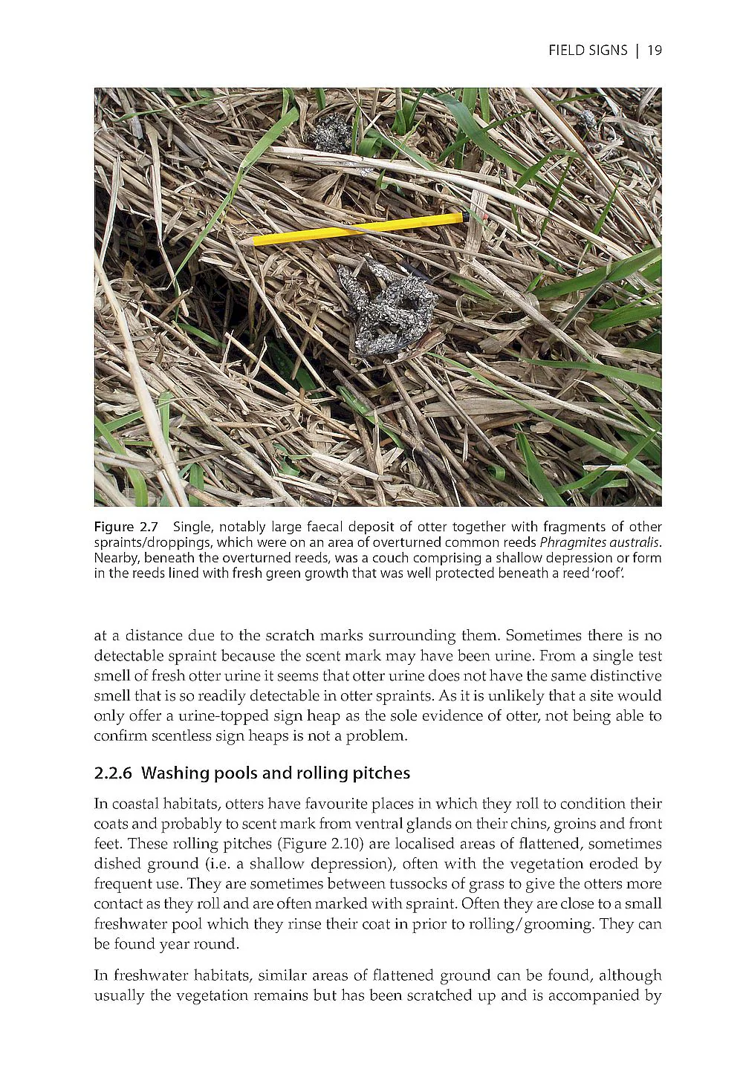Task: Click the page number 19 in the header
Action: click(655, 51)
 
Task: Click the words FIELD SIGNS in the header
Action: click(588, 51)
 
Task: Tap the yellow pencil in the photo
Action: click(357, 228)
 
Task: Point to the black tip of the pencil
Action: click(465, 217)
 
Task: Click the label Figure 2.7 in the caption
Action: click(126, 527)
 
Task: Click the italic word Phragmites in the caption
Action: click(568, 542)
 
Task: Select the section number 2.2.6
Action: click(113, 773)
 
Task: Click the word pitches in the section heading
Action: click(381, 773)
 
